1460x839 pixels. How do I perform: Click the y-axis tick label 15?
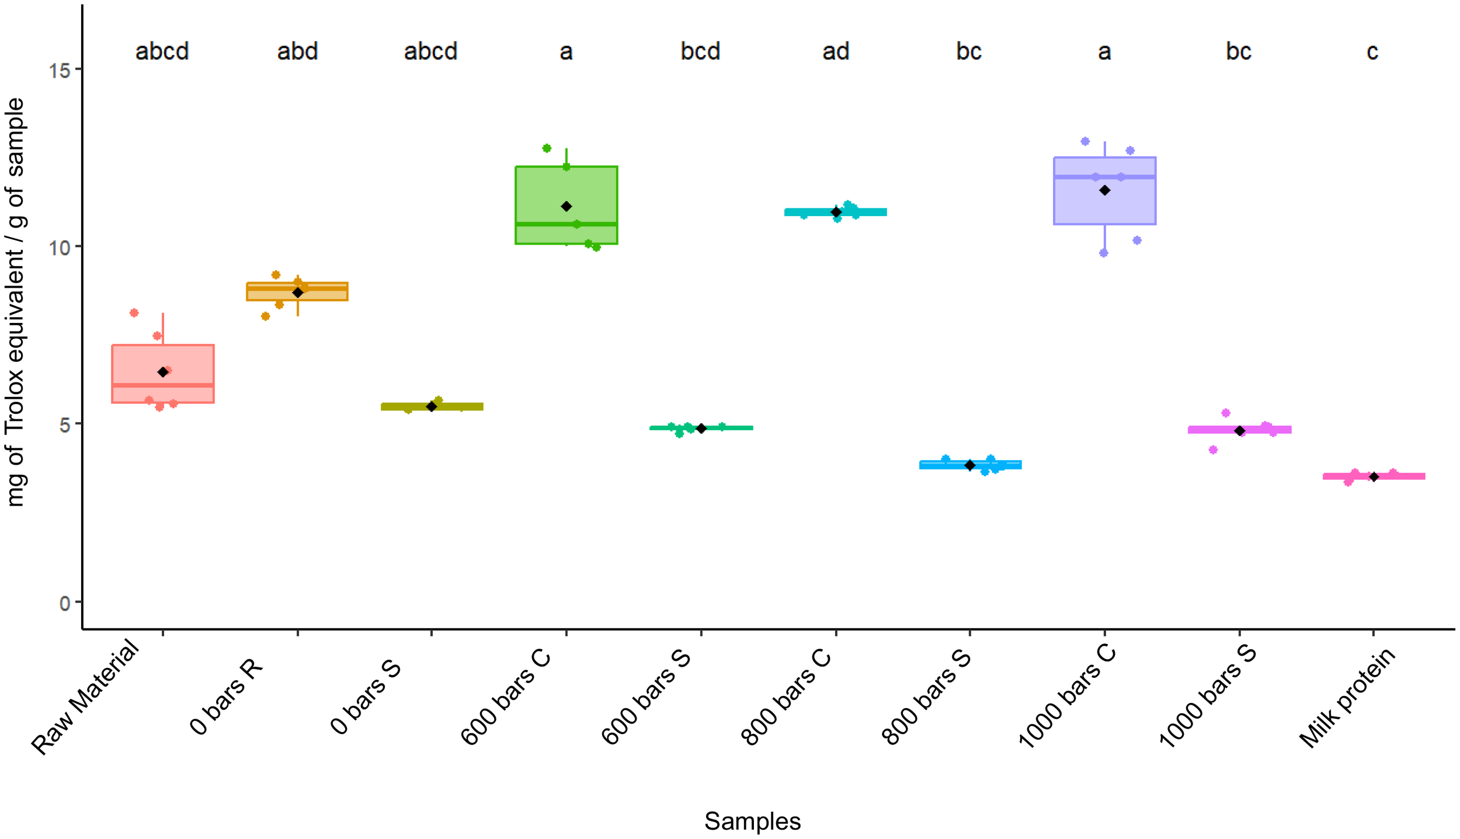59,71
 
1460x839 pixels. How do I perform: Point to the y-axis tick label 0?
65,603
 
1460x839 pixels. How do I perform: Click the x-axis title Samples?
752,821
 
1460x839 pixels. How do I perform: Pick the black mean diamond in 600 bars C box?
566,207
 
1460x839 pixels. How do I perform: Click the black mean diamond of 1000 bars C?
1104,190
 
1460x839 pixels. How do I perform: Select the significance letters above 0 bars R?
297,51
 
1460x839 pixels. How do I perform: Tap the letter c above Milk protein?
1372,51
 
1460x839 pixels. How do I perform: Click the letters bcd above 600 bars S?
700,51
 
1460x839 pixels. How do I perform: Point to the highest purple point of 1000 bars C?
1085,141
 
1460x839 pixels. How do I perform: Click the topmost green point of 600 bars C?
547,148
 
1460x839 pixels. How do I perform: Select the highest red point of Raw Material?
134,313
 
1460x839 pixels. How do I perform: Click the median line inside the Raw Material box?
163,385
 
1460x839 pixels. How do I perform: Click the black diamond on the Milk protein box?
1374,477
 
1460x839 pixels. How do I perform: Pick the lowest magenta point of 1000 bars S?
1213,450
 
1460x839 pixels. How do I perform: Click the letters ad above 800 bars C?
836,51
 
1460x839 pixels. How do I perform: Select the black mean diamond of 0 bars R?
298,293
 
